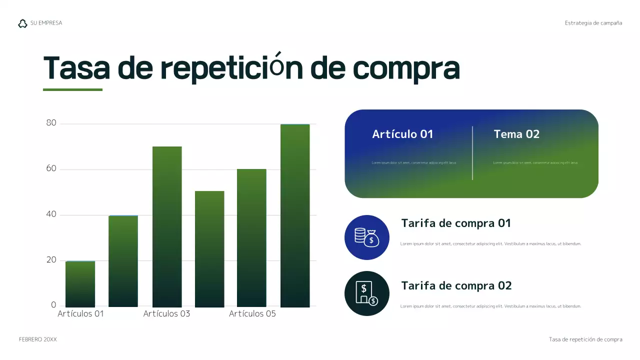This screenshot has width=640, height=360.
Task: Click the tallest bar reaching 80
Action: coord(295,215)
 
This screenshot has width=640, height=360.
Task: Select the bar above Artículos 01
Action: coord(80,284)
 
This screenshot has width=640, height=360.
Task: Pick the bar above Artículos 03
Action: coord(167,226)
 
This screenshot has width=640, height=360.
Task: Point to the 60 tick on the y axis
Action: coord(51,169)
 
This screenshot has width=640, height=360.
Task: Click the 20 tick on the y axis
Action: coord(51,260)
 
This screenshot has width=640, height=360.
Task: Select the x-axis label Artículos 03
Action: coord(167,314)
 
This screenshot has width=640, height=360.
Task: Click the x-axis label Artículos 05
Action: coord(252,314)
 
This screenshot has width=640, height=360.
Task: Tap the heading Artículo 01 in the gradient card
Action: coord(402,134)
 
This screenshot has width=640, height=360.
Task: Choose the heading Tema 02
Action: coord(516,134)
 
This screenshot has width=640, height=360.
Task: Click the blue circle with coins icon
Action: coord(367,237)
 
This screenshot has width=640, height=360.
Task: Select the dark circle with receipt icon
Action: coord(367,293)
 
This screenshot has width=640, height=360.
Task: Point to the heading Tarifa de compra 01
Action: coord(456,223)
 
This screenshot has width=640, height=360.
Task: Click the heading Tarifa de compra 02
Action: coord(456,286)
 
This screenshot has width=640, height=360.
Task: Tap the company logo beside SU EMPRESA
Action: coord(22,23)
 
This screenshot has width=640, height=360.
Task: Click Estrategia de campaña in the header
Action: coord(593,23)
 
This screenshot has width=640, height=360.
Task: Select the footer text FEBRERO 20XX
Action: coord(38,339)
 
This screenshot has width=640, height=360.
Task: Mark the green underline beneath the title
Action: coord(72,90)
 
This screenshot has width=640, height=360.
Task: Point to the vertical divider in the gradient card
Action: coord(472,153)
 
